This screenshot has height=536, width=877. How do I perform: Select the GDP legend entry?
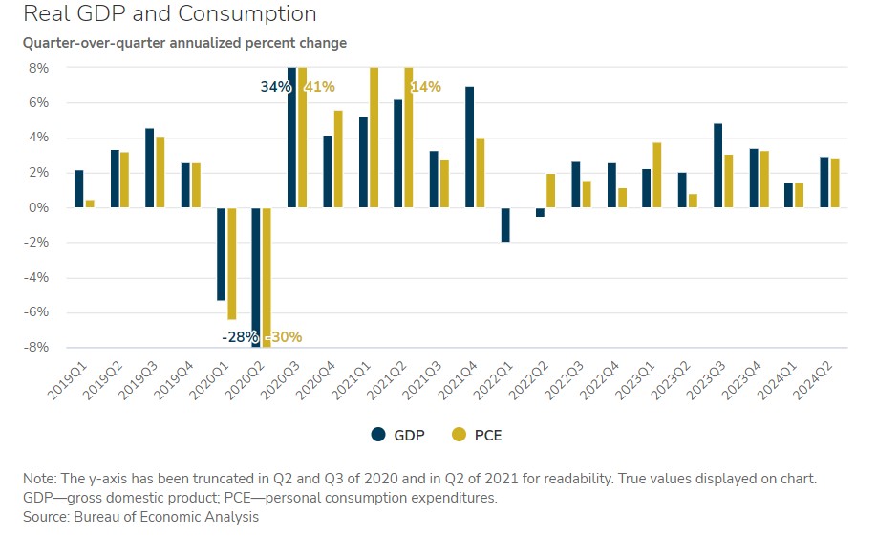point(398,435)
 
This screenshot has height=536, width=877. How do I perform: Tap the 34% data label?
point(274,87)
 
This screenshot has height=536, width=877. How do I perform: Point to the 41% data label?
point(319,87)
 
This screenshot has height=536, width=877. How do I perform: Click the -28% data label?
point(239,337)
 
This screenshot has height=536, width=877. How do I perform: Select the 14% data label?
point(426,87)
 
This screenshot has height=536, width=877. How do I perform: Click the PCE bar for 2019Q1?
point(90,204)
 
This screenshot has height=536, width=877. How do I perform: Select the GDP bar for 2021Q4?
point(470,147)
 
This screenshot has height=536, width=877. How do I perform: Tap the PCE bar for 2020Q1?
point(232,264)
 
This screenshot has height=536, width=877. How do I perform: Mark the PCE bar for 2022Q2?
point(551,191)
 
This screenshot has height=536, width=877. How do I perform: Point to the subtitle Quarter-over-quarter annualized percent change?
point(184,43)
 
